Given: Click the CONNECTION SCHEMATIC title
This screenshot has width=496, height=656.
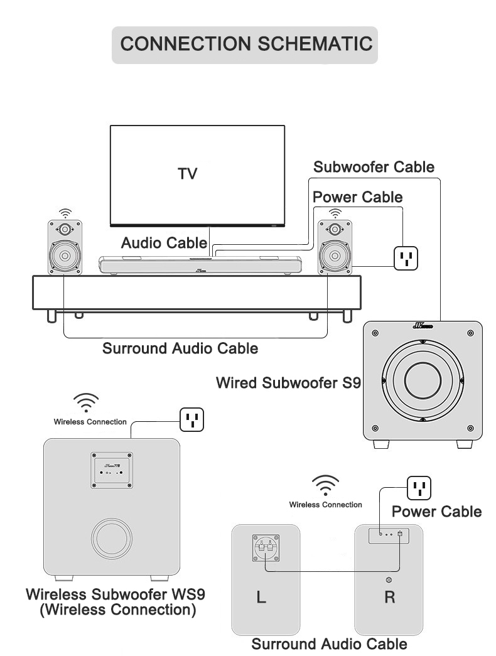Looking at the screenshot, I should point(245,44).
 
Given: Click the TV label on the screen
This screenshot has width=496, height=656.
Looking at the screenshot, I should point(187,174).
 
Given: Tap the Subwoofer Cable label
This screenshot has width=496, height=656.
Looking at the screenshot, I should point(374,167).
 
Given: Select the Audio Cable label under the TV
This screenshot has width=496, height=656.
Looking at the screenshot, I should point(164,243).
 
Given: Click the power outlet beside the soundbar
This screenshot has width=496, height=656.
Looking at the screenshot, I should point(406,257).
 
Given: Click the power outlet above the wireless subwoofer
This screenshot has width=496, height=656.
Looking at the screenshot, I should point(192,419).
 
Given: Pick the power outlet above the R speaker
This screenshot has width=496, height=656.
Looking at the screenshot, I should point(419,488).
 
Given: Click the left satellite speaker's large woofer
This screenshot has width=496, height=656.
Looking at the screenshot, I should point(65,256).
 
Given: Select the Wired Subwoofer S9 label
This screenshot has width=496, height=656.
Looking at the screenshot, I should point(288,382).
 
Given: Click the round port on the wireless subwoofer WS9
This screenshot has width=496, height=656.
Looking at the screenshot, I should point(112,539).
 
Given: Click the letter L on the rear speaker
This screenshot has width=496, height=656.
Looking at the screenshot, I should point(262,597).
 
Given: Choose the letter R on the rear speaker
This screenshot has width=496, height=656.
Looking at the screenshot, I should point(389,596).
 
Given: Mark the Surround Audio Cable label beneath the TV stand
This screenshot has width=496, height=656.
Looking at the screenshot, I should point(180,348).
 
